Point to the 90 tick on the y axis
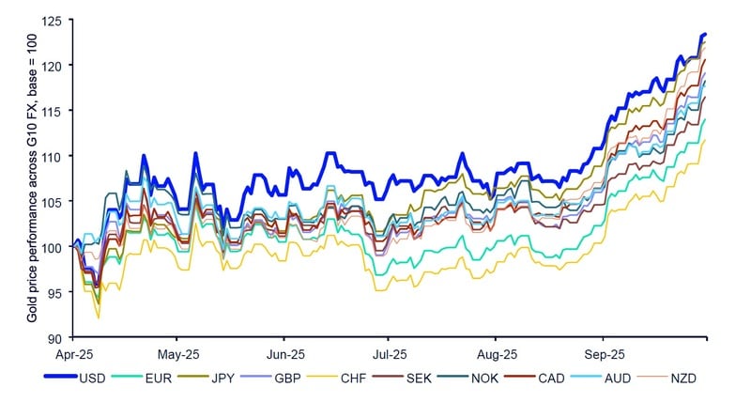pos(64,337)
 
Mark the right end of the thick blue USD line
pos(705,34)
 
